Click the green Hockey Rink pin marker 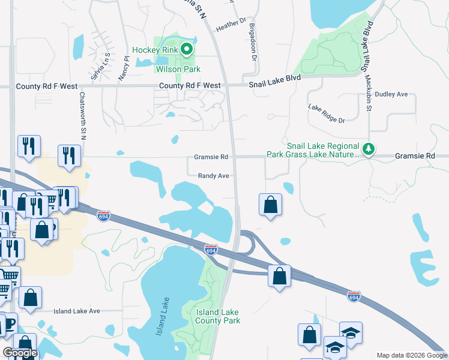pos(187,50)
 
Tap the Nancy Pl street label pos(126,64)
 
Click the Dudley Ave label pos(391,94)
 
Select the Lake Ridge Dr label pos(327,112)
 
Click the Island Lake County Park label pos(217,316)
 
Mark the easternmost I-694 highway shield pos(354,296)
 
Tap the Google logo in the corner pos(20,353)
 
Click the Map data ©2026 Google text pos(411,355)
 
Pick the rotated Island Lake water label pos(161,316)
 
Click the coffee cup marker pos(7,325)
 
